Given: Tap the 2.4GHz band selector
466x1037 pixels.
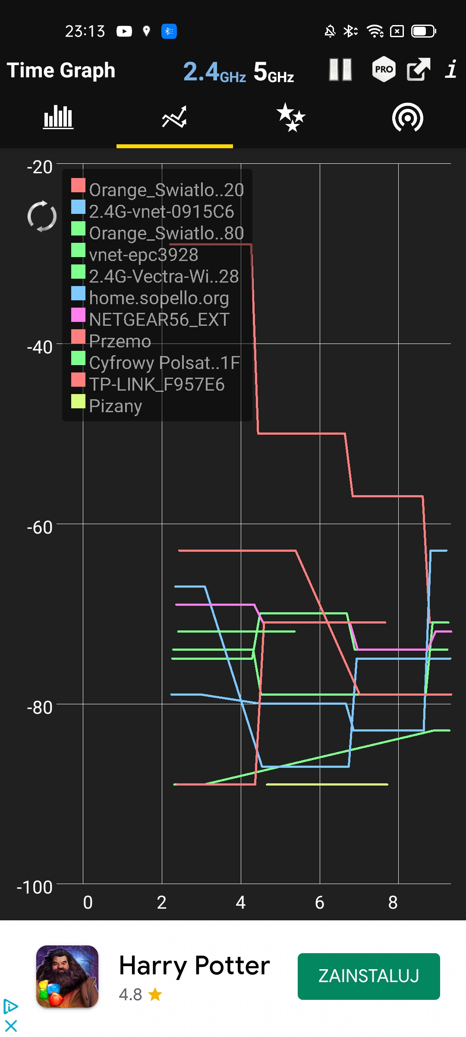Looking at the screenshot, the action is (x=214, y=71).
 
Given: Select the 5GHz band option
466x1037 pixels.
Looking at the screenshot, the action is (x=274, y=71).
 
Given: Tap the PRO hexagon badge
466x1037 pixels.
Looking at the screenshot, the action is (x=384, y=69).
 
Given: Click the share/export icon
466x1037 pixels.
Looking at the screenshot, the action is (x=419, y=69).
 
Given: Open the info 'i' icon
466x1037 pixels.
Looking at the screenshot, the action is (x=451, y=69).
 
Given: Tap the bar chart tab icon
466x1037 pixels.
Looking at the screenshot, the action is (x=58, y=117).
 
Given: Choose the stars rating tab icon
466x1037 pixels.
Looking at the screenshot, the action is (x=291, y=117).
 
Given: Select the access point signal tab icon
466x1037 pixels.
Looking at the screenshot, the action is (x=408, y=117).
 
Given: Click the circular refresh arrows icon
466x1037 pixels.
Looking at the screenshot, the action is (x=42, y=216).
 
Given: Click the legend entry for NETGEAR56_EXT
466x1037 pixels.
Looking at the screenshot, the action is (x=151, y=319).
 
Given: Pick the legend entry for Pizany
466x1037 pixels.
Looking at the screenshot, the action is (x=107, y=406).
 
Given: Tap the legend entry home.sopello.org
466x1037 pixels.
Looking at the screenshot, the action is (x=150, y=298).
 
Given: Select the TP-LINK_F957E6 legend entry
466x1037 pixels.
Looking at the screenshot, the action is (x=148, y=384).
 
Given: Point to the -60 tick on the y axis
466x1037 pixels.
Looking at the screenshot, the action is (x=40, y=527).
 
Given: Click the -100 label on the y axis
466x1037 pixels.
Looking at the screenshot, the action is (x=35, y=887).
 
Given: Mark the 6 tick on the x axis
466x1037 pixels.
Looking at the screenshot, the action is (x=319, y=902).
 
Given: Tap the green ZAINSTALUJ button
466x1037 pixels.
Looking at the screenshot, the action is (x=369, y=976).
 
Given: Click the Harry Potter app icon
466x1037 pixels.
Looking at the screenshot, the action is (x=67, y=977).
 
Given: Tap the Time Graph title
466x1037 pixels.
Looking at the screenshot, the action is (x=61, y=70).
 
